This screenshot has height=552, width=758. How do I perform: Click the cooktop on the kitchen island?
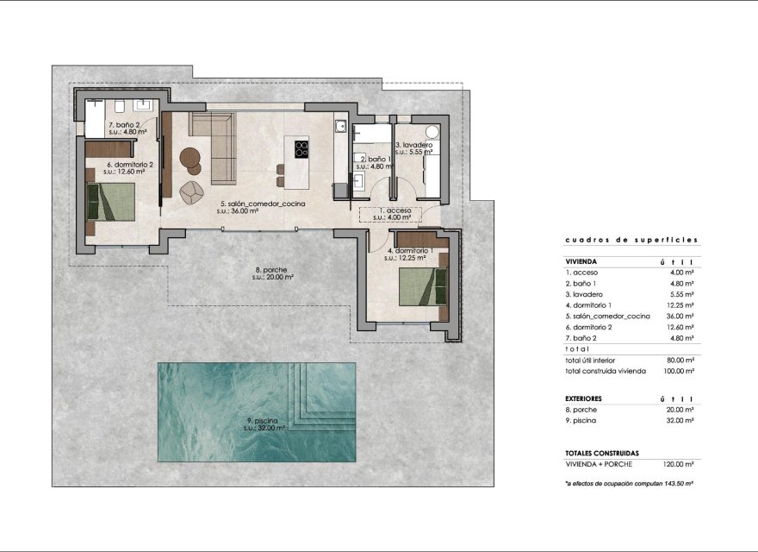click(301, 148)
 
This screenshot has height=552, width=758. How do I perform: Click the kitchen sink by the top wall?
click(341, 127)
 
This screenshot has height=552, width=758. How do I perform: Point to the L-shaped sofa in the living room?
click(215, 147)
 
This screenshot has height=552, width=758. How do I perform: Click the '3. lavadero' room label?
click(413, 145)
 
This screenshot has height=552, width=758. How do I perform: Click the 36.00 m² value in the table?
click(679, 316)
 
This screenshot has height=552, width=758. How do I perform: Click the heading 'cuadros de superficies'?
click(631, 241)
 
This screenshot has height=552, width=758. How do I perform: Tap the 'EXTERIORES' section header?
click(583, 398)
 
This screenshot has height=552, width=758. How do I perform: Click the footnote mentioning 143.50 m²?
click(630, 484)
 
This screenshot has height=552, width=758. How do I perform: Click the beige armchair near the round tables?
click(192, 189)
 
